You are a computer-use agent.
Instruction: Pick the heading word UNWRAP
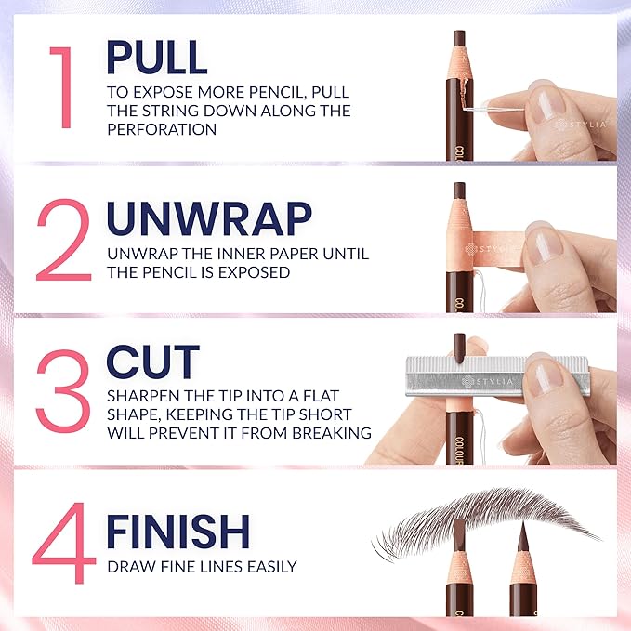tap(207, 218)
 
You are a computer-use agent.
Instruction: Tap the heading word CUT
tap(152, 362)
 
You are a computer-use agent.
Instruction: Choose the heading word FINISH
tap(177, 532)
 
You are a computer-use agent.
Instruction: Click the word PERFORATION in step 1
tap(162, 130)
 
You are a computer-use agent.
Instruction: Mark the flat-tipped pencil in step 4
tap(459, 567)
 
